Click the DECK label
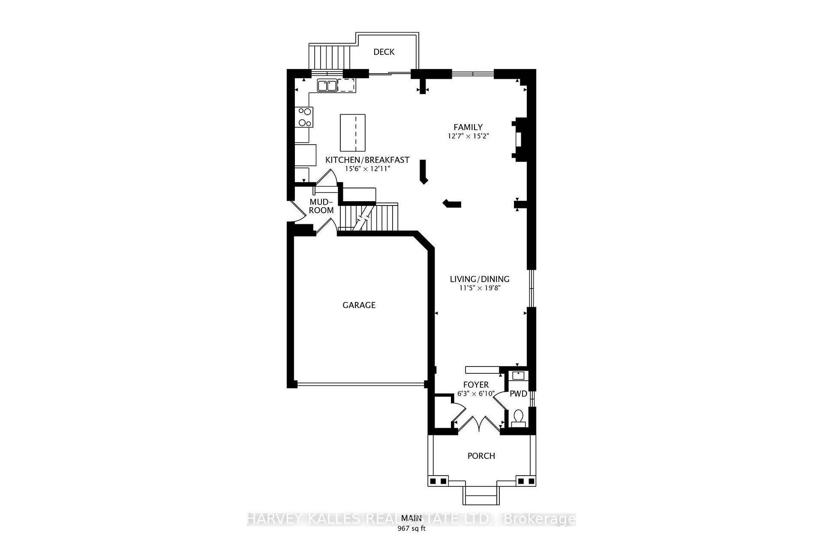(x=384, y=52)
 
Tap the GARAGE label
(x=359, y=305)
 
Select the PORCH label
(x=481, y=456)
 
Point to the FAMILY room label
(x=468, y=127)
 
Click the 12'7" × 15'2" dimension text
(x=468, y=136)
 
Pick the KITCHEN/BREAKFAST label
(x=367, y=160)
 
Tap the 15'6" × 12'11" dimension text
(x=367, y=169)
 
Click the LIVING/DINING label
(x=479, y=279)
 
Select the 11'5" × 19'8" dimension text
(x=480, y=288)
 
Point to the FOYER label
(x=476, y=385)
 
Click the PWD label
(x=518, y=394)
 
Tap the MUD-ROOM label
(x=321, y=206)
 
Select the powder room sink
(x=519, y=376)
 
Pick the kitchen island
(x=353, y=133)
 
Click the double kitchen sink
(x=327, y=86)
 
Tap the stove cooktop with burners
(x=304, y=117)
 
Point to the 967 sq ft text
(x=411, y=528)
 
